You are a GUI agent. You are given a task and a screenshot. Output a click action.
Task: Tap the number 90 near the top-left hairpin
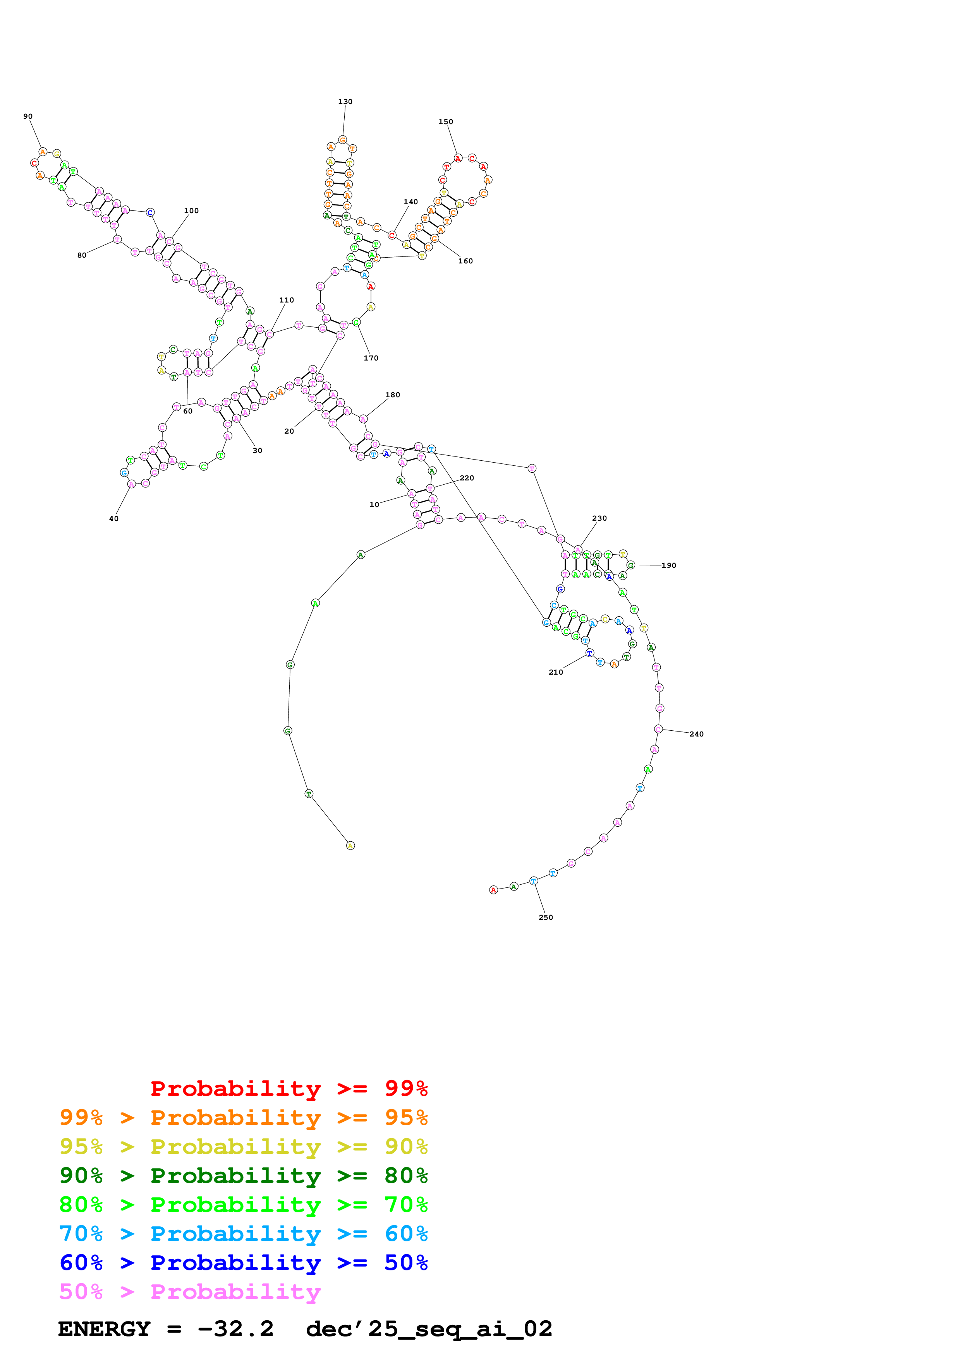pos(28,116)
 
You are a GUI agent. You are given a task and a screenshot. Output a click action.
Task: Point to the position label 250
pos(545,917)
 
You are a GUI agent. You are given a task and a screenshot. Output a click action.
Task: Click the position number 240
pos(696,734)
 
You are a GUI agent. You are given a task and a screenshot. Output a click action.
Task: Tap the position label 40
pos(113,519)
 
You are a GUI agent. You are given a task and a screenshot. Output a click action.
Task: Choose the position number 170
pos(371,358)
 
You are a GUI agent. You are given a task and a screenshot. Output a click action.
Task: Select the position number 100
pos(191,211)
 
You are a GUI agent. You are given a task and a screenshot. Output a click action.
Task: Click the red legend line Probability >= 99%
pos(289,1089)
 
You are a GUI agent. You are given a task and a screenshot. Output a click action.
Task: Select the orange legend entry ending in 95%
pos(243,1118)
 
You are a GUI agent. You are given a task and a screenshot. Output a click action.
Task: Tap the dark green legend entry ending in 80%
pos(243,1176)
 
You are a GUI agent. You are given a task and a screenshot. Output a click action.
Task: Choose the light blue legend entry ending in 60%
pos(243,1234)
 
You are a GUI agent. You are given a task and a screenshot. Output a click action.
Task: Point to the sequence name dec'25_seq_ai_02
pos(429,1329)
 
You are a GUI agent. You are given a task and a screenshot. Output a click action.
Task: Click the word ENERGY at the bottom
pos(104,1329)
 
